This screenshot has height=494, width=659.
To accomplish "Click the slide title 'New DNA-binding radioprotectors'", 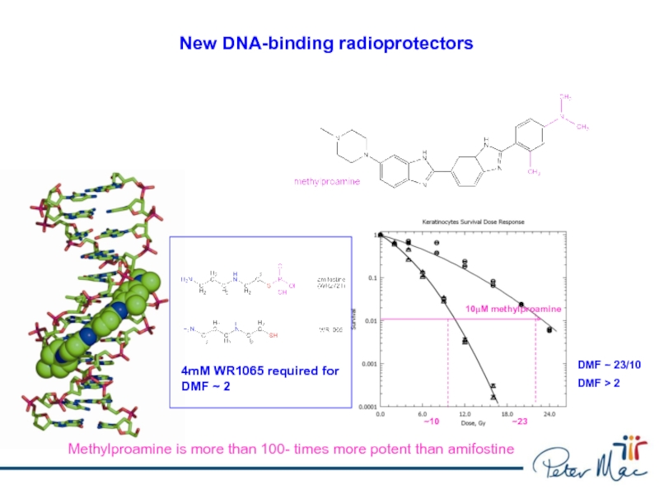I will [326, 42].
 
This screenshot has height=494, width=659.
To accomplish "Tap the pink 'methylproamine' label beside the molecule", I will [328, 179].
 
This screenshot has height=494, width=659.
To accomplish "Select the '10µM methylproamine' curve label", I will [513, 308].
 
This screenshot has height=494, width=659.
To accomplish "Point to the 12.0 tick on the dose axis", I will [465, 414].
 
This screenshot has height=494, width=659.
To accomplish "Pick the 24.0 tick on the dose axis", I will [549, 414].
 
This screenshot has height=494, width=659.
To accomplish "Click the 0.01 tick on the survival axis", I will [368, 320].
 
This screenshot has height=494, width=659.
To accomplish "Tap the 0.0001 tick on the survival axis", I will [366, 406].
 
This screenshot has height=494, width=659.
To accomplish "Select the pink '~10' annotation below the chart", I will [432, 422].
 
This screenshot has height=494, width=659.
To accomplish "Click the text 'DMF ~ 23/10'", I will [609, 365].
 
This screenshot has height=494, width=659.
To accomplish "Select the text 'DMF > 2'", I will [598, 383].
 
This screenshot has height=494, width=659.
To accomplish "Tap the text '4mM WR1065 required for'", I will [259, 370].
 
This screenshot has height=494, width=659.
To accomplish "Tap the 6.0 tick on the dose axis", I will [422, 414].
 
